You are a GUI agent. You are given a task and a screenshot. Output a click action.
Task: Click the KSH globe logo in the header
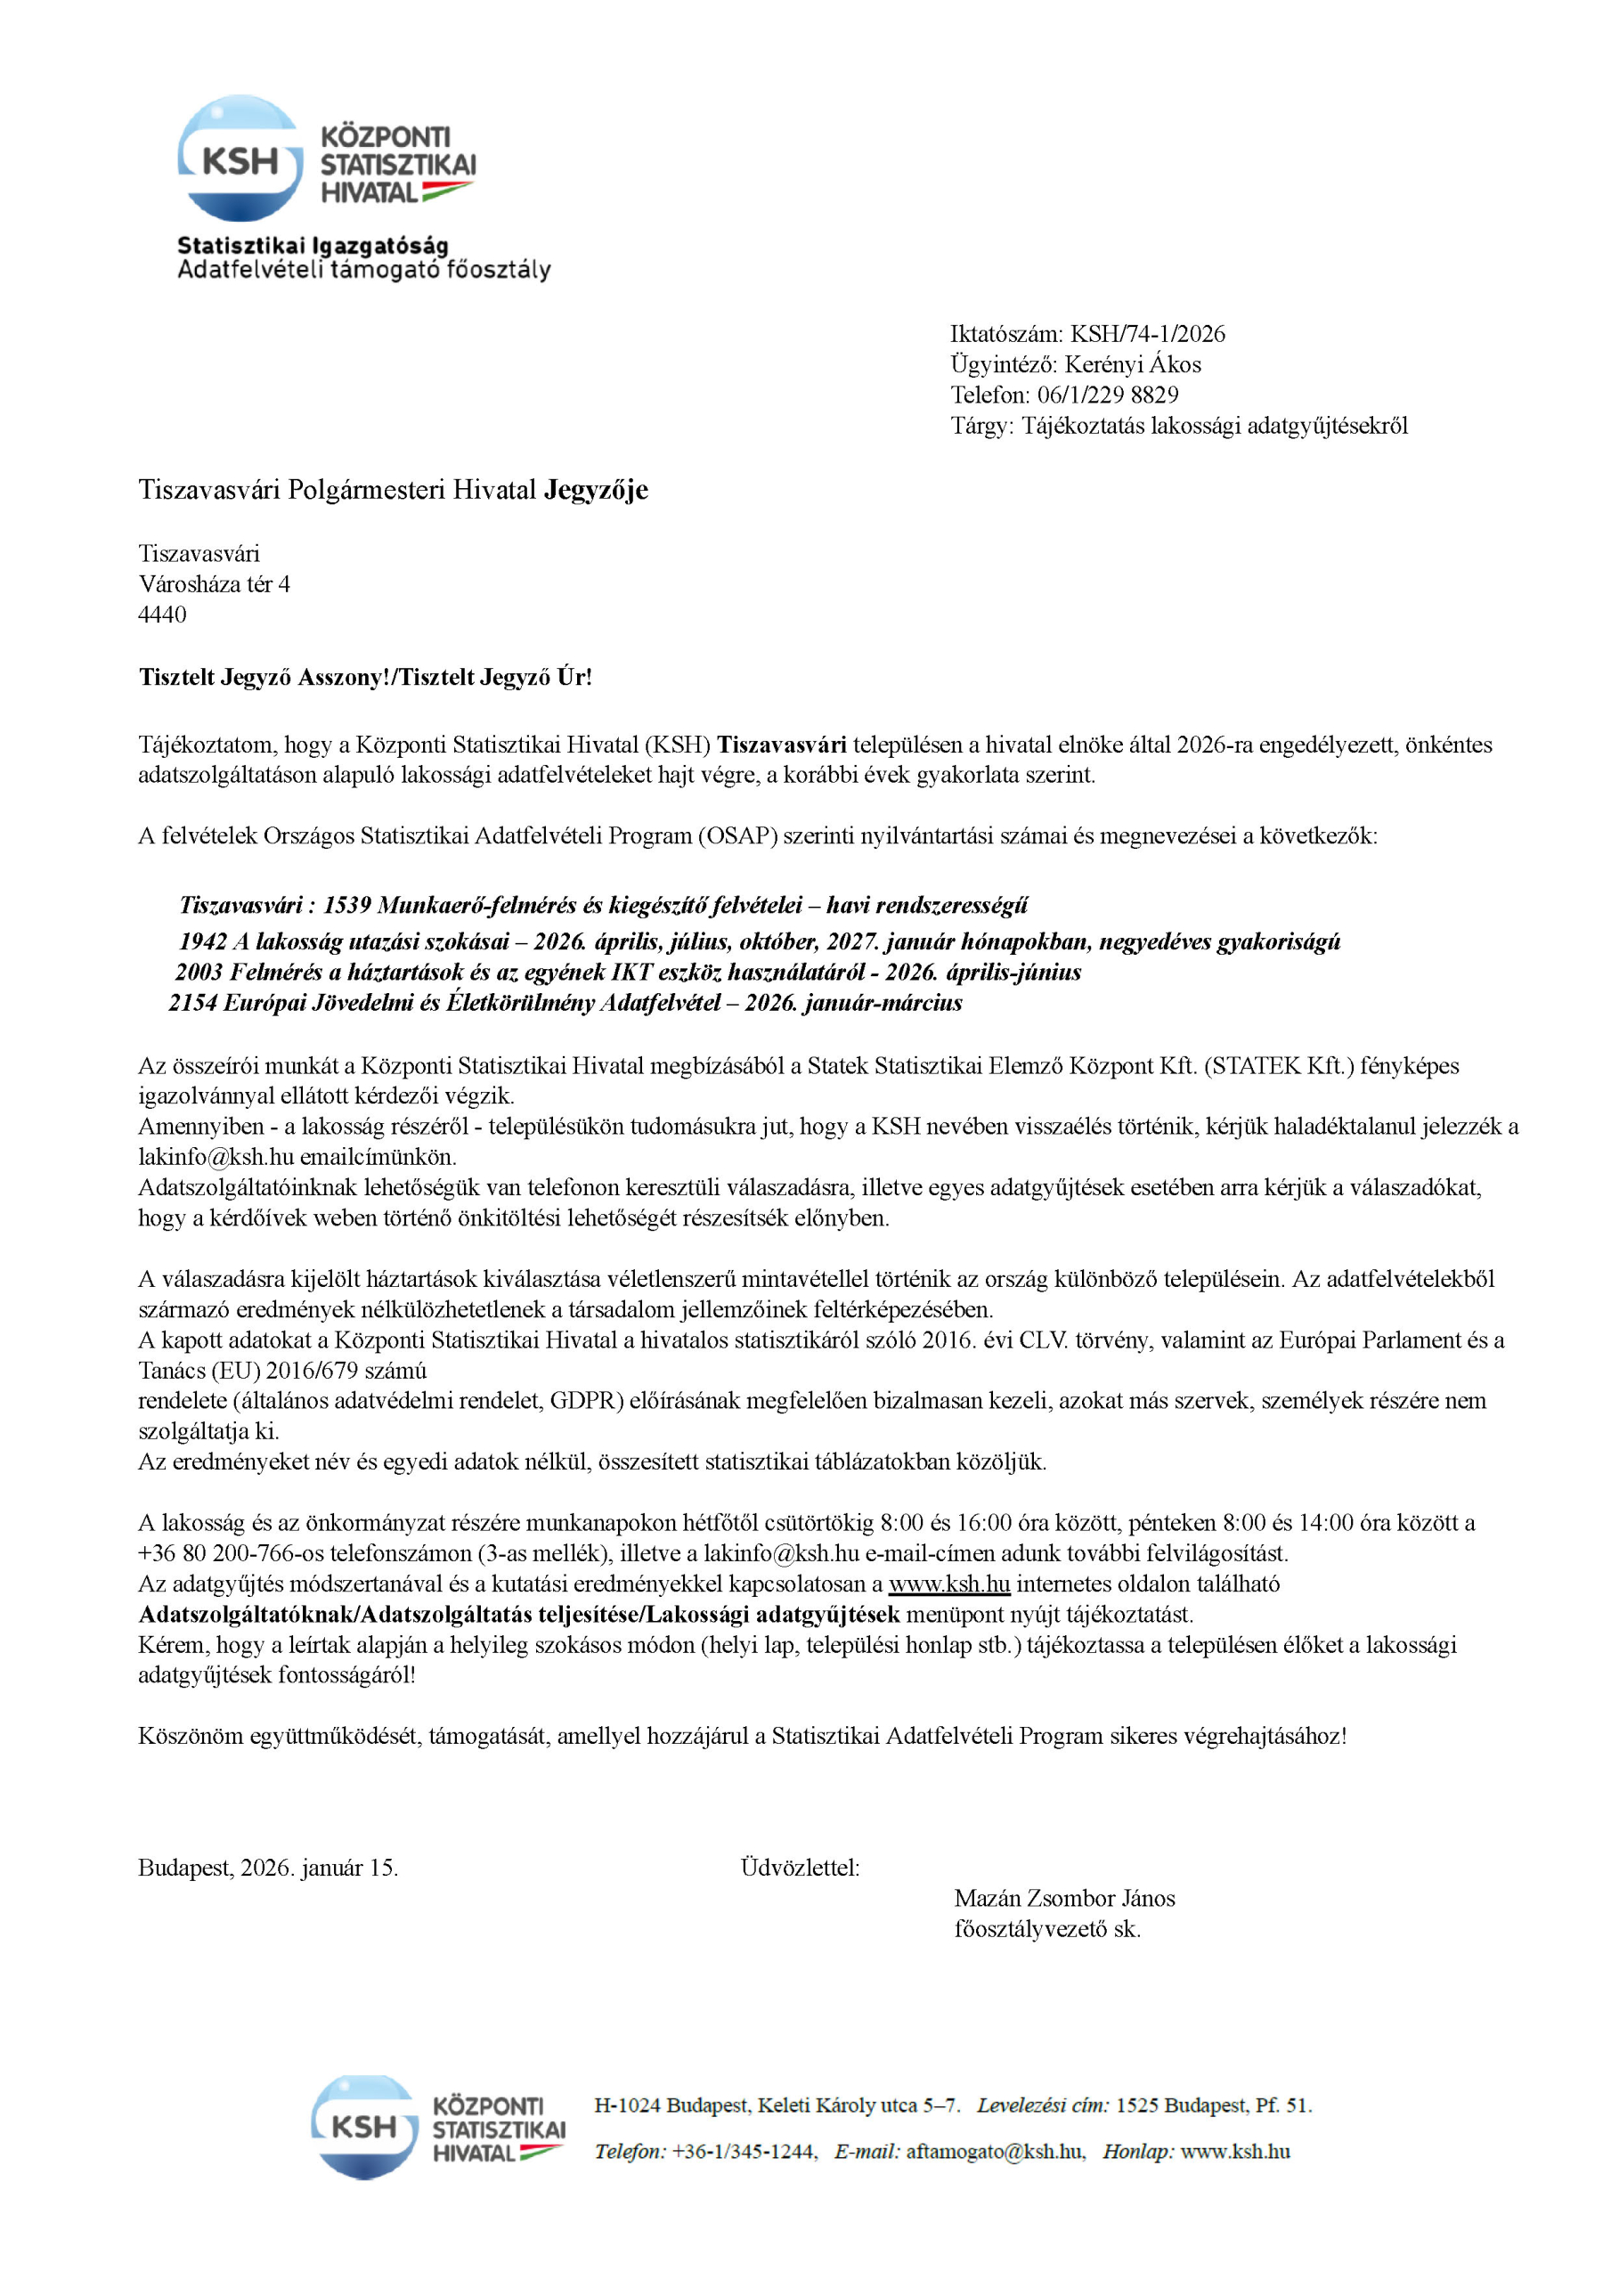click(x=240, y=159)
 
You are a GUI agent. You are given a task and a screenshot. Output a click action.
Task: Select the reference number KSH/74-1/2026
click(x=1147, y=334)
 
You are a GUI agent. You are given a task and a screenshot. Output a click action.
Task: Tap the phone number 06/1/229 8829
click(x=1108, y=395)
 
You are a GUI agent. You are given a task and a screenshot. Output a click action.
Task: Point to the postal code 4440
click(x=162, y=615)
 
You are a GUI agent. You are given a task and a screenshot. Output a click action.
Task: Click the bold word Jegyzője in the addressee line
click(x=595, y=490)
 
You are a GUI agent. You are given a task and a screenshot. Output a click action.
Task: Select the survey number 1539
click(x=346, y=905)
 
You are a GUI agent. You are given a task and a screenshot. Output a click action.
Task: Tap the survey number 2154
click(x=192, y=1002)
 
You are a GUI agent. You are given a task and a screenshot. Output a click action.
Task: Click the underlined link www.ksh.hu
click(x=948, y=1584)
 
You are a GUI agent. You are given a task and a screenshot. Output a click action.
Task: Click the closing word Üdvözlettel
click(x=800, y=1868)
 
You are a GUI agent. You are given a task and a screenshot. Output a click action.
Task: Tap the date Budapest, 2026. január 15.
click(x=268, y=1868)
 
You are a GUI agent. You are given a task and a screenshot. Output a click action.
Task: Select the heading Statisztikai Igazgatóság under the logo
click(x=313, y=245)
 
